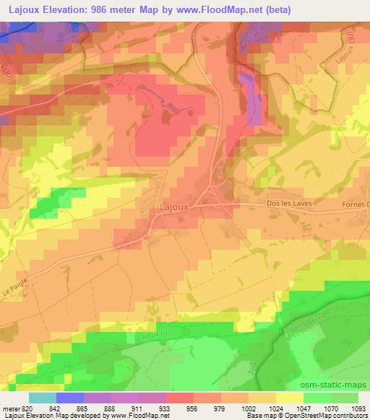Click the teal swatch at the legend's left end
click(43, 397)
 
